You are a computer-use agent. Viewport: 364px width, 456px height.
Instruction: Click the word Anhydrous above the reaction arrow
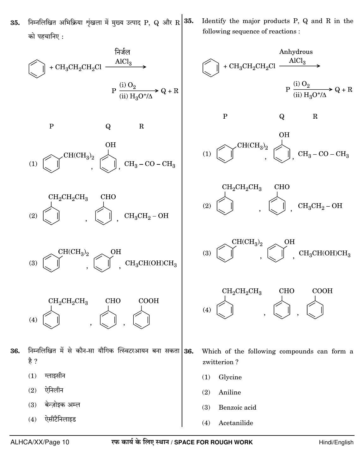[x=296, y=52]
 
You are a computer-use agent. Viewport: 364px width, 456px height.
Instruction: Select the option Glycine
[x=230, y=377]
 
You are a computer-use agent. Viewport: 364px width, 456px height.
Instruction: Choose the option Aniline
[x=230, y=392]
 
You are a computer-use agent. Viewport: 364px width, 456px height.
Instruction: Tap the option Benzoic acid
[x=237, y=407]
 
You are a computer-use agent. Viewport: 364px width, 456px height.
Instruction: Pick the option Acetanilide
[x=236, y=423]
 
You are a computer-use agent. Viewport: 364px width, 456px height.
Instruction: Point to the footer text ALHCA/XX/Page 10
[x=40, y=442]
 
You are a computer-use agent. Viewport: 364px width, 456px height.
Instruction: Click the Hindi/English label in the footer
[x=336, y=442]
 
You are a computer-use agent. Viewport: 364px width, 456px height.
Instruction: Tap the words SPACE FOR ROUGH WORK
[x=213, y=442]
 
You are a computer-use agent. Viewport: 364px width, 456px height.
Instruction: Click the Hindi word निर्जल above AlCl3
[x=123, y=52]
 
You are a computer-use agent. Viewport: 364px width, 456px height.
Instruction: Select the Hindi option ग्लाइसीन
[x=55, y=376]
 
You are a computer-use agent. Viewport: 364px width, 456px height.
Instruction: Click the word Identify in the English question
[x=214, y=21]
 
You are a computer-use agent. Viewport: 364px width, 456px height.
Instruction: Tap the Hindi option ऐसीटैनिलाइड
[x=60, y=419]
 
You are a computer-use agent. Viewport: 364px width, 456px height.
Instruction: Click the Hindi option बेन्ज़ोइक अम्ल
[x=62, y=405]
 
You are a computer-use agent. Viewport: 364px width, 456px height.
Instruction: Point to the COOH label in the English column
[x=322, y=291]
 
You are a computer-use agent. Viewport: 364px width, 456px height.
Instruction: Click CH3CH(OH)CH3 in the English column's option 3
[x=325, y=253]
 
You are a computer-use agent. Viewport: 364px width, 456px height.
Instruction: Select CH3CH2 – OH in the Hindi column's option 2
[x=146, y=216]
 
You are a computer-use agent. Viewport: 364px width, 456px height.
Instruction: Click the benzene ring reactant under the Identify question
[x=210, y=68]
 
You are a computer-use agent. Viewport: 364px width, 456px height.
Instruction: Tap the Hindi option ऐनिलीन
[x=54, y=390]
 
